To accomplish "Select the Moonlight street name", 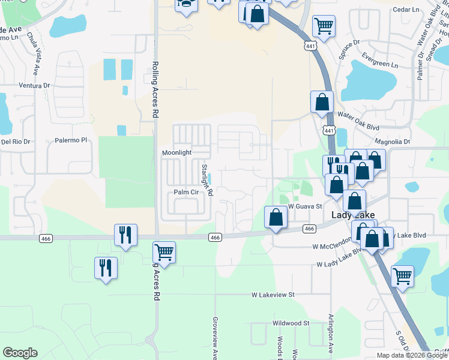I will (176, 153).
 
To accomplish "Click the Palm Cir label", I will (185, 192).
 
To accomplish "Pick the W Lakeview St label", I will (273, 295).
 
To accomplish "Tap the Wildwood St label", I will (290, 323).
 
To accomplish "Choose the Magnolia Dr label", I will (391, 142).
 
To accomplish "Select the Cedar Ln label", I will (406, 10).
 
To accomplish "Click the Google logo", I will (20, 353).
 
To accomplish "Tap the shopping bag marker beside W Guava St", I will (276, 217).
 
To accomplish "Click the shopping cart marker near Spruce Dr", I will (324, 26).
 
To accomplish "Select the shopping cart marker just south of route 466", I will (164, 252).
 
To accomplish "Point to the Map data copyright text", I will (412, 355).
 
